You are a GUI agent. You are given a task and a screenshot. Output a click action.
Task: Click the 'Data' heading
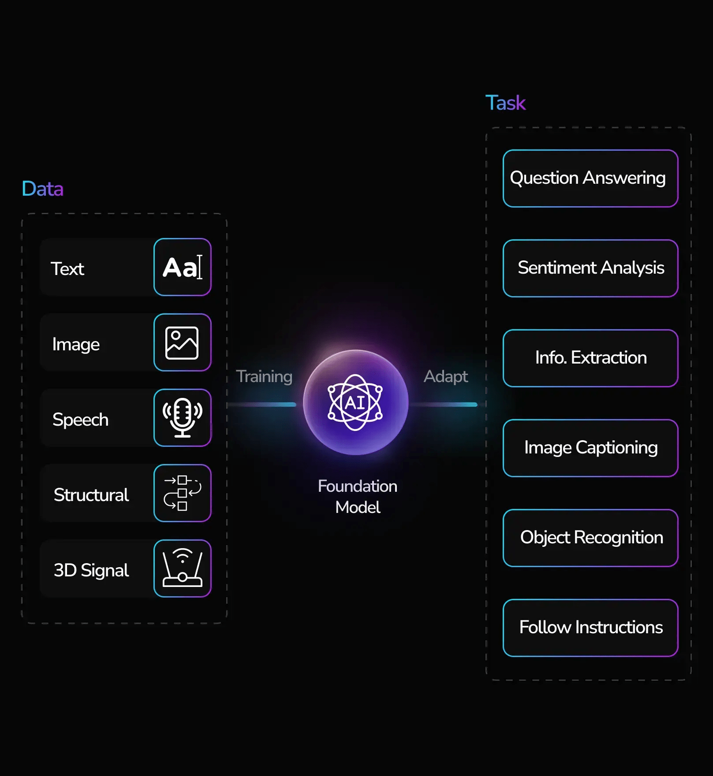pyautogui.click(x=42, y=189)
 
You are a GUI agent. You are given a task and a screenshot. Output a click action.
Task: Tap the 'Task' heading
pyautogui.click(x=505, y=103)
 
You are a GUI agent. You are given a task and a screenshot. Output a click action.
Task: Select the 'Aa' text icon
pyautogui.click(x=182, y=267)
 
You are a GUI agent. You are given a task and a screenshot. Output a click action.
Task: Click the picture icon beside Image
pyautogui.click(x=182, y=342)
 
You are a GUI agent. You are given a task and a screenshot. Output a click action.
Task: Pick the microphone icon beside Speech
pyautogui.click(x=182, y=418)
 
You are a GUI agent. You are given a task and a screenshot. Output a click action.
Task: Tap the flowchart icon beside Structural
pyautogui.click(x=182, y=493)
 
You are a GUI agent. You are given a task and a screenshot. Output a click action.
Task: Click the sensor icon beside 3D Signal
pyautogui.click(x=182, y=568)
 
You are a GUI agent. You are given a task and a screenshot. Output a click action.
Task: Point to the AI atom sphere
pyautogui.click(x=355, y=402)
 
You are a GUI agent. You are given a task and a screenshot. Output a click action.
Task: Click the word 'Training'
pyautogui.click(x=264, y=376)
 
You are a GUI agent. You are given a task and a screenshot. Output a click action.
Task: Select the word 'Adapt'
pyautogui.click(x=445, y=376)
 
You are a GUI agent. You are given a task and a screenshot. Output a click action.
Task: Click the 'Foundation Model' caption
pyautogui.click(x=358, y=497)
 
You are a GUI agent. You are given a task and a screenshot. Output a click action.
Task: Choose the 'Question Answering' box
pyautogui.click(x=590, y=178)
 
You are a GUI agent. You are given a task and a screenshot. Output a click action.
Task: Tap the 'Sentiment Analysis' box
pyautogui.click(x=590, y=268)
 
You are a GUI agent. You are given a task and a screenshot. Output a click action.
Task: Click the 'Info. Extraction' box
pyautogui.click(x=590, y=358)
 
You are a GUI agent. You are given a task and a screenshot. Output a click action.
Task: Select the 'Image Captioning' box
pyautogui.click(x=590, y=448)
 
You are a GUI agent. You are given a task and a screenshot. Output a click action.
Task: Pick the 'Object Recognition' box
pyautogui.click(x=590, y=538)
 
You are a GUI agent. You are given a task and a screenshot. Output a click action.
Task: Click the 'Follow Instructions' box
pyautogui.click(x=590, y=628)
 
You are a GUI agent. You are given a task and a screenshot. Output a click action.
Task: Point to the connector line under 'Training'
pyautogui.click(x=265, y=405)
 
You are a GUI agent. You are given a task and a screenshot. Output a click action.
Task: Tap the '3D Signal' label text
pyautogui.click(x=91, y=570)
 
